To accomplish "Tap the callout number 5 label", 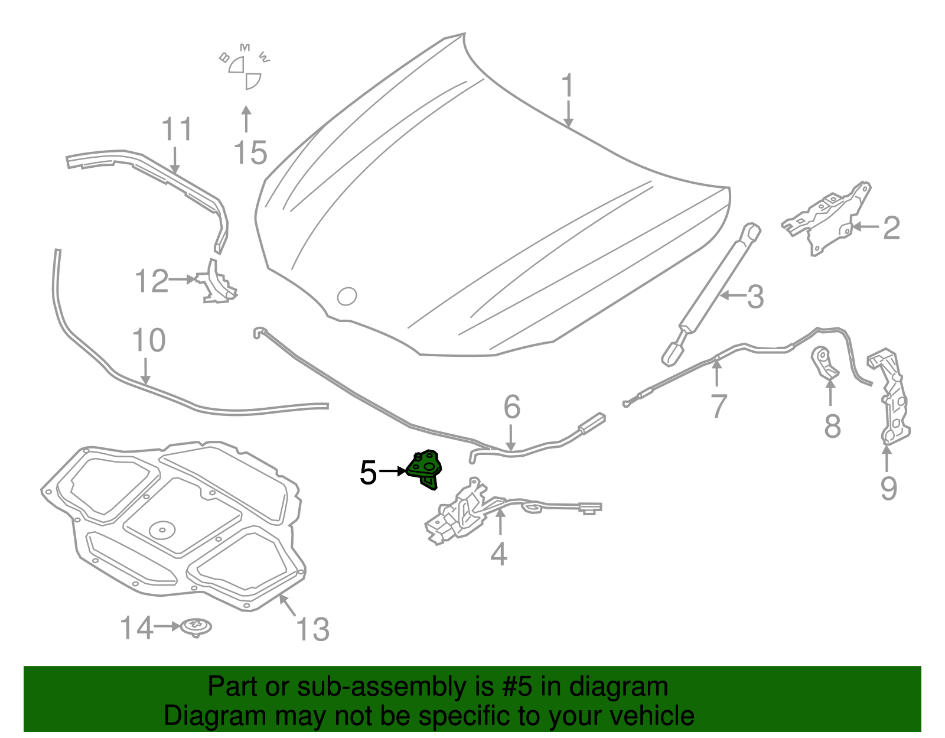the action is [x=368, y=473].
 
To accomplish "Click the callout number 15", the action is [x=250, y=154].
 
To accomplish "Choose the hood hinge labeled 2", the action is [x=827, y=216].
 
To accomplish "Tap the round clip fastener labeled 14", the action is [x=196, y=626].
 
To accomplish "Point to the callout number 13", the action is [x=312, y=629].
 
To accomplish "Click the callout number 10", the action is [x=149, y=341].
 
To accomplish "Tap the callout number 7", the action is [x=718, y=407].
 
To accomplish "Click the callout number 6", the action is [x=512, y=408].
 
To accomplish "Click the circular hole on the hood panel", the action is [x=347, y=296].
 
